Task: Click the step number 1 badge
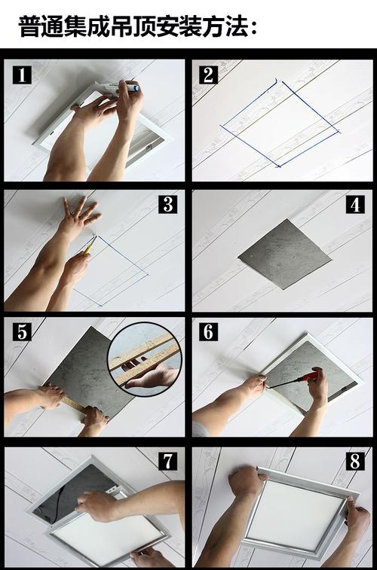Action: coord(22,75)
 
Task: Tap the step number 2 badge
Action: coord(209,75)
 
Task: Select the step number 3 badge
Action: coord(167,204)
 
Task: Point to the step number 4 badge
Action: coord(355,204)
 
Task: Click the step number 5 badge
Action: coord(22,331)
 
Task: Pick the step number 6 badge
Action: coord(209,331)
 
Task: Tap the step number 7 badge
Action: coord(167,461)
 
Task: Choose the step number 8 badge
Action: coord(355,461)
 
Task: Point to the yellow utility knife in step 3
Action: coord(90,245)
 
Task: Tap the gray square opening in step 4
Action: coord(284,254)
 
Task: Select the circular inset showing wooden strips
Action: coord(145,359)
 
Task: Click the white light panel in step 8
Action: coord(296,511)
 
